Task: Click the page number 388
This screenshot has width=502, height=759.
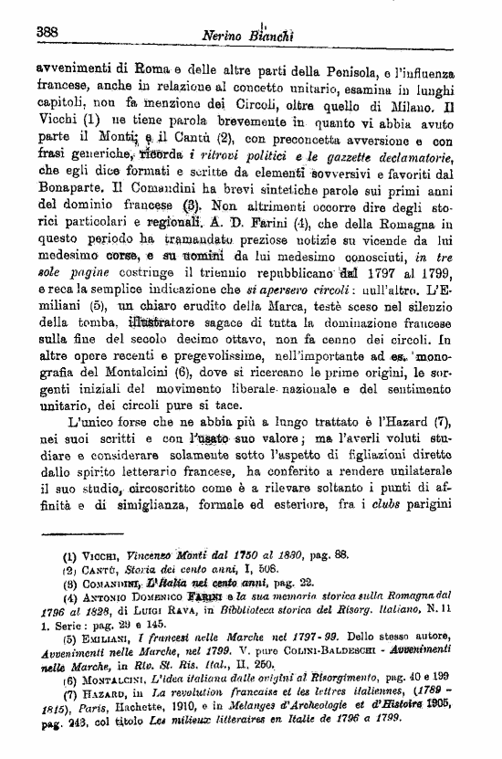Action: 47,31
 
